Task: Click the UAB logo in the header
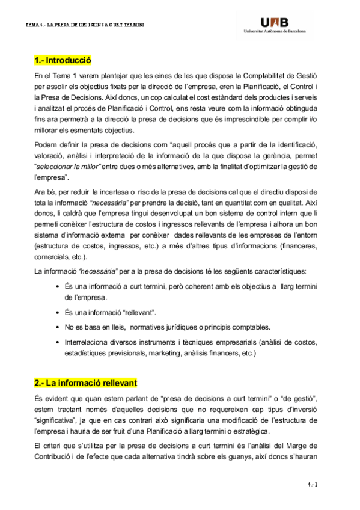[275, 20]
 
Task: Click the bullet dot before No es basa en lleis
[56, 327]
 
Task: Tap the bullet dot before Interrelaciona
[56, 342]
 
